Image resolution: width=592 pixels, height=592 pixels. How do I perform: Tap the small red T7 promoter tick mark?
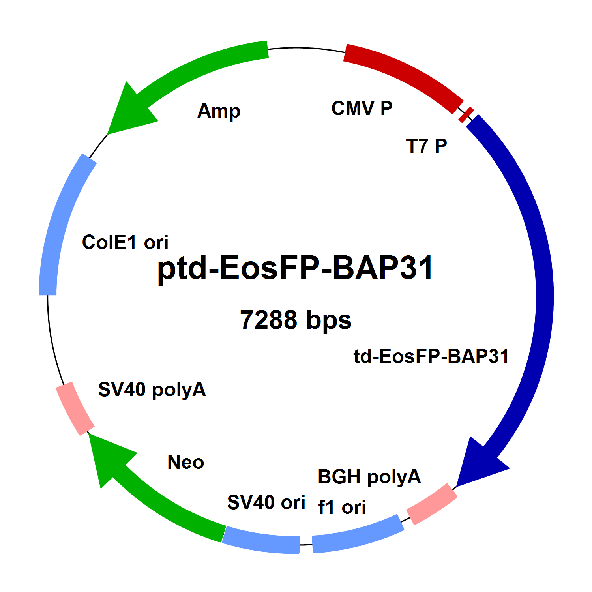[466, 114]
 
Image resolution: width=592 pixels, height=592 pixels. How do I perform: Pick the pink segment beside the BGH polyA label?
[432, 504]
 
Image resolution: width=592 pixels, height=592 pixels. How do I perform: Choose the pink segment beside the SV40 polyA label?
[75, 408]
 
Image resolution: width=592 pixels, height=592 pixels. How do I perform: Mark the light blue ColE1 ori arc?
[59, 225]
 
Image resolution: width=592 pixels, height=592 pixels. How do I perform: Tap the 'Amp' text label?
[219, 111]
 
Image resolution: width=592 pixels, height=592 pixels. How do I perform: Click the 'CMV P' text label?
[362, 109]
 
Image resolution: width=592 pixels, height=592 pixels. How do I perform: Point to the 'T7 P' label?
[426, 146]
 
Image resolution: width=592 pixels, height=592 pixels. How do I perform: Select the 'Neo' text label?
[185, 462]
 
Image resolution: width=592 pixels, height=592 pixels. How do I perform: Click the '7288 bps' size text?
[296, 320]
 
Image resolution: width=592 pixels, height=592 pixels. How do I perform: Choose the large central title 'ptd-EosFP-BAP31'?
[295, 268]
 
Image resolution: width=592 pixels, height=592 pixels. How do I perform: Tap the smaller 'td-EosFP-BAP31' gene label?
[431, 356]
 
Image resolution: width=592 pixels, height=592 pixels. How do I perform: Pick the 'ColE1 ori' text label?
[125, 242]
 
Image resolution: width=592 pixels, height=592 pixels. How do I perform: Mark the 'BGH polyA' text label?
[369, 477]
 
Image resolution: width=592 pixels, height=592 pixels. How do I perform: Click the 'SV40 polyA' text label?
[152, 390]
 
